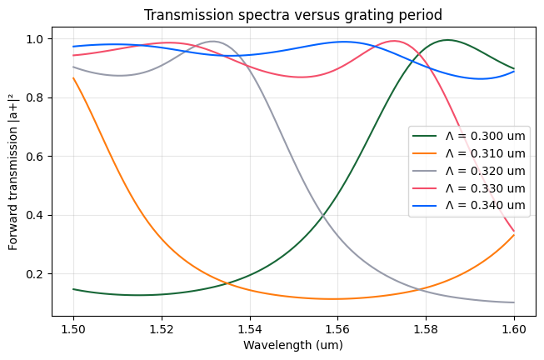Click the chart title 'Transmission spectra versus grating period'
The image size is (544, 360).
click(x=293, y=16)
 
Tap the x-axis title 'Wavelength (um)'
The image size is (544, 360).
click(x=293, y=344)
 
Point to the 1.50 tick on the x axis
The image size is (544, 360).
click(x=73, y=327)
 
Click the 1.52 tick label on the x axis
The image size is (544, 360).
click(x=162, y=327)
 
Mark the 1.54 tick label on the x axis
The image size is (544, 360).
click(x=250, y=327)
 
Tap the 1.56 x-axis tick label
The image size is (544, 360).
click(x=337, y=327)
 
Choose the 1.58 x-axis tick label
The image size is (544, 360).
click(x=426, y=327)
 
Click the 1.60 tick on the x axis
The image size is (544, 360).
click(x=514, y=327)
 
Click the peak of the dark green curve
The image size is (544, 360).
click(x=448, y=40)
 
